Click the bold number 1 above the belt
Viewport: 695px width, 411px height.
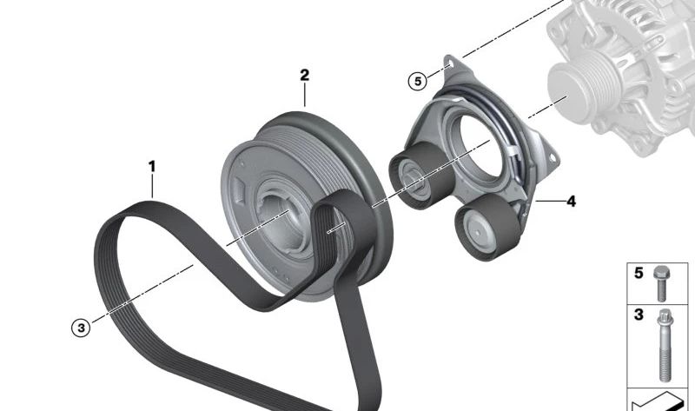(152, 167)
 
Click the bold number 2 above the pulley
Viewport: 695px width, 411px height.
(305, 75)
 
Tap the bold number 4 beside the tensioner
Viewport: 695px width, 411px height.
(572, 202)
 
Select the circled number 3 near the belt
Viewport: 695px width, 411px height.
(81, 328)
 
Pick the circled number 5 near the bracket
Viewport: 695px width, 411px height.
(418, 82)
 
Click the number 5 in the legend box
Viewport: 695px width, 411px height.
(639, 273)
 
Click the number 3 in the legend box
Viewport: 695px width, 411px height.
(639, 315)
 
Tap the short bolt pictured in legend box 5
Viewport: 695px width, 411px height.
(660, 284)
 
